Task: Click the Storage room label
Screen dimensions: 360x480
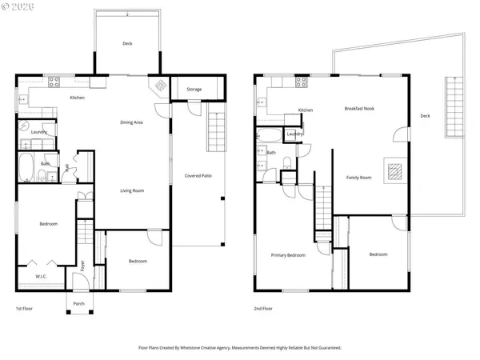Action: (194, 89)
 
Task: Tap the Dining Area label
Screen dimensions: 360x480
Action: (131, 122)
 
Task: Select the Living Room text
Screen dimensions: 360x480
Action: (131, 190)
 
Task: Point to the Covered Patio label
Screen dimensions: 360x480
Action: (198, 175)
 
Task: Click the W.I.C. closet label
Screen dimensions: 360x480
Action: (41, 277)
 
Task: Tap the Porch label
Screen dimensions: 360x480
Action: (78, 303)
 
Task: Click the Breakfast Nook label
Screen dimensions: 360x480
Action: (359, 108)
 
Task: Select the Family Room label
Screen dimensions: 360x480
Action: (358, 177)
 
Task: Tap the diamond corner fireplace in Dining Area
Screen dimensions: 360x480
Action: (159, 86)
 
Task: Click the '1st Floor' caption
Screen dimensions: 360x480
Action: (25, 308)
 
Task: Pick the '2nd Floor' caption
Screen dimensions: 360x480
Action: (263, 308)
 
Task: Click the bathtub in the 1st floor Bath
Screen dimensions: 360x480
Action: (25, 169)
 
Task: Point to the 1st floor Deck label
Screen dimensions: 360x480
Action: (126, 44)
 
